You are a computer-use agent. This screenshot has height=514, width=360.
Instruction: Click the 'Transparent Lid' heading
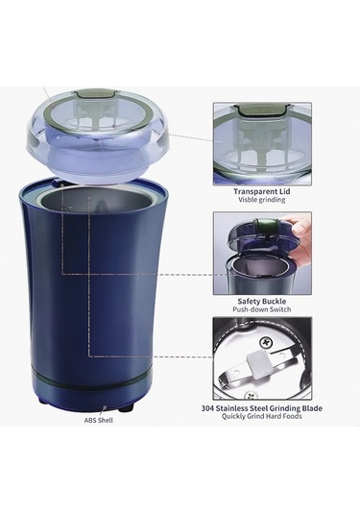(262, 191)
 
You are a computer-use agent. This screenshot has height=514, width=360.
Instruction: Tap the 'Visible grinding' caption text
(262, 200)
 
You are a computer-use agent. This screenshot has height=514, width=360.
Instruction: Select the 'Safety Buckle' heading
(262, 302)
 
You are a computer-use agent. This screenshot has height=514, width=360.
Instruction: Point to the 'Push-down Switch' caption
(262, 309)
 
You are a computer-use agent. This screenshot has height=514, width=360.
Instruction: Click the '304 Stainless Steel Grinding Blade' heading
(262, 408)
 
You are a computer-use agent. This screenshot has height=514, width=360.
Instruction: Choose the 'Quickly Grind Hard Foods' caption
(262, 416)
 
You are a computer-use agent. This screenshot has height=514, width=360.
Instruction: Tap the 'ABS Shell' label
(99, 420)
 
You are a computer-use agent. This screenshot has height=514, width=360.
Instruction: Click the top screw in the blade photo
(265, 343)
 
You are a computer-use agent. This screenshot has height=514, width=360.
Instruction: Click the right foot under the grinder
(127, 407)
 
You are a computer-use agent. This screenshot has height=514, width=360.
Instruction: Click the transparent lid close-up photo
(262, 144)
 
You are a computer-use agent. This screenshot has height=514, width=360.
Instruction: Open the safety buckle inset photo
(262, 254)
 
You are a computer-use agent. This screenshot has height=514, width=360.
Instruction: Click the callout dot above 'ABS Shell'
(105, 408)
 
